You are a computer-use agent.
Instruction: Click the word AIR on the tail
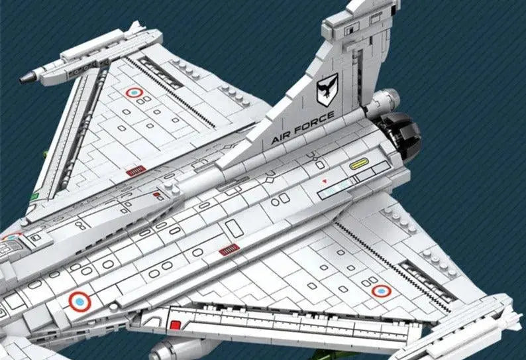[x=283, y=137]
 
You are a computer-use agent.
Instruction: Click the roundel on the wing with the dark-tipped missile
[x=134, y=93]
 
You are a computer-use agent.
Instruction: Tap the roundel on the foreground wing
[x=381, y=290]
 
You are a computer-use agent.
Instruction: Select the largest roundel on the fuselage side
[x=79, y=302]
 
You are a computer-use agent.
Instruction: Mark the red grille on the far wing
[x=135, y=170]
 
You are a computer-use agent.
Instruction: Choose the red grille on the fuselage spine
[x=229, y=249]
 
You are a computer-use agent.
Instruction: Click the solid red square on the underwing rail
[x=175, y=325]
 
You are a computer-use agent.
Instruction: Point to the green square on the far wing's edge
[x=34, y=196]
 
